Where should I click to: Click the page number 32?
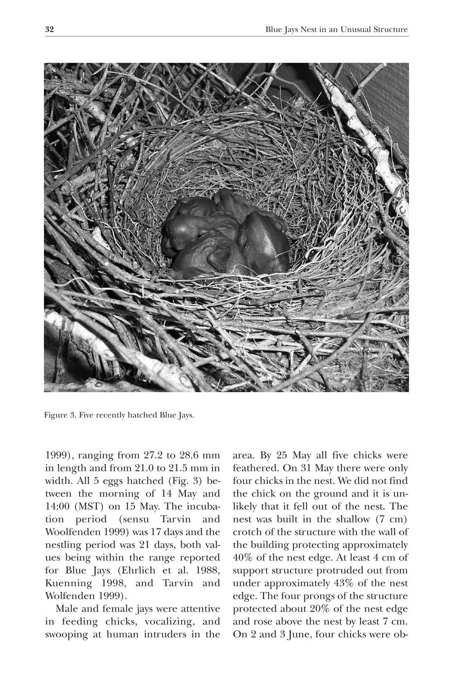[x=49, y=30]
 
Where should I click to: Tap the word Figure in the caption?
[x=56, y=415]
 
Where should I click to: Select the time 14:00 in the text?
[x=57, y=506]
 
